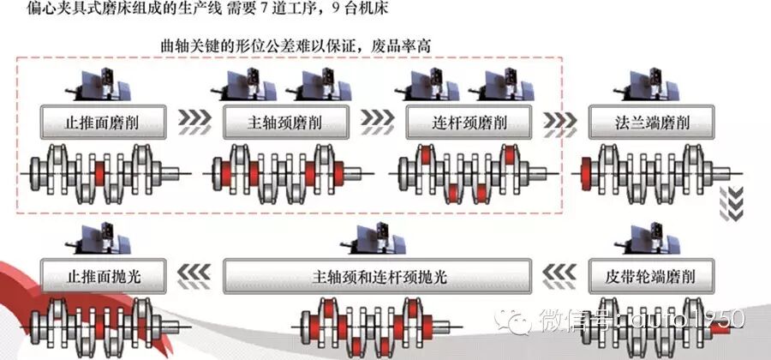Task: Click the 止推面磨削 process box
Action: [103, 123]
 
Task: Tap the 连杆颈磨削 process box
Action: [469, 123]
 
